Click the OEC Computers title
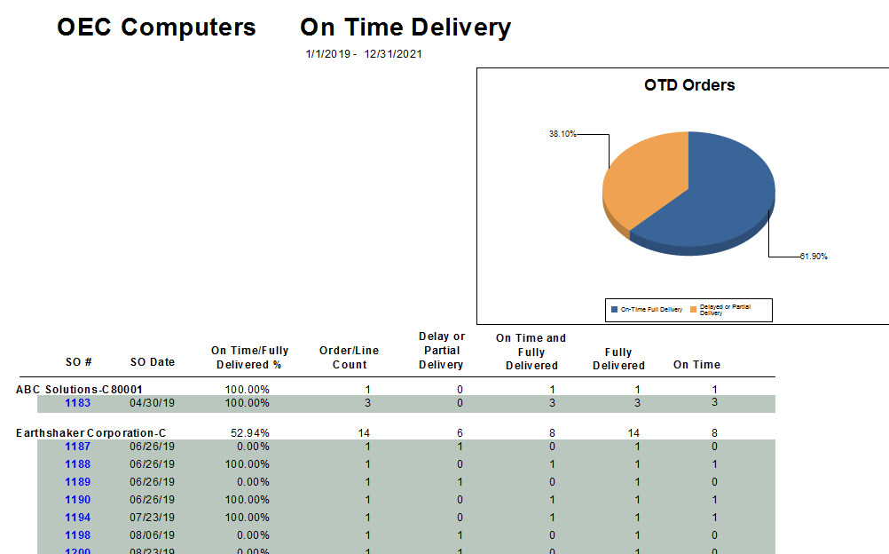(156, 28)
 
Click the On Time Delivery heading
(405, 28)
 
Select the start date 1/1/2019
(327, 54)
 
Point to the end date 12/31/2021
(393, 54)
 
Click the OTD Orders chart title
(689, 85)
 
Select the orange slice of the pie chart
(643, 182)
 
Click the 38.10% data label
(563, 134)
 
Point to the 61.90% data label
(813, 257)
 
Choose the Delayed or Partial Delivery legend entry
(724, 310)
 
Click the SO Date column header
(153, 362)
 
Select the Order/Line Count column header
(349, 358)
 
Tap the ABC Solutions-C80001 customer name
(80, 390)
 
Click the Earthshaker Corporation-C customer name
(90, 433)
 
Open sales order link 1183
(77, 403)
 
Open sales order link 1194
(77, 518)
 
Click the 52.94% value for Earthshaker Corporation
(248, 433)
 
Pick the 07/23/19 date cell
(153, 518)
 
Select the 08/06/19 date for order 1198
(153, 535)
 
